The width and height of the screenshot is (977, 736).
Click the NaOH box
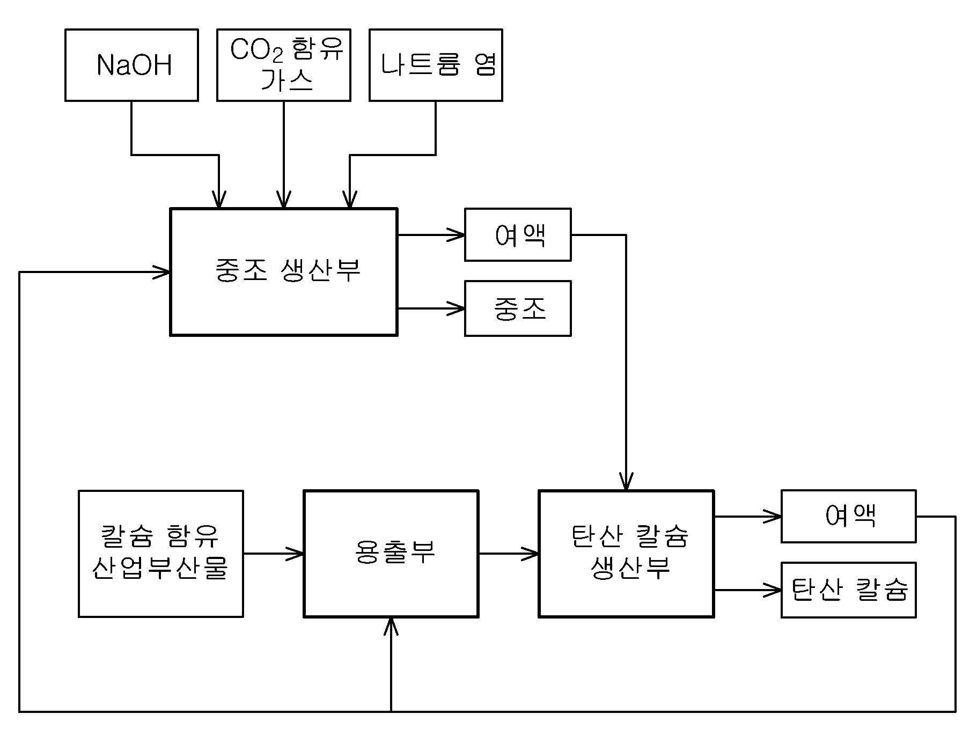coord(131,65)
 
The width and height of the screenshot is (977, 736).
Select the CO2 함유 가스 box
coord(284,65)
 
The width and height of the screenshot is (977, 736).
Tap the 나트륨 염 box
coord(436,65)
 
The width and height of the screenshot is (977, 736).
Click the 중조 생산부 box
coord(284,272)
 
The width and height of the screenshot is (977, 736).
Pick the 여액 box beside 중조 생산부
coord(518,235)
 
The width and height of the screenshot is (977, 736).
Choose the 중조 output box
coord(518,308)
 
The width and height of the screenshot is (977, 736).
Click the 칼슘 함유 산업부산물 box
coord(161,554)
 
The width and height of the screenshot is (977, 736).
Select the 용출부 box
coord(391,554)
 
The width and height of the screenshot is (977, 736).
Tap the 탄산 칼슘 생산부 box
coord(626,554)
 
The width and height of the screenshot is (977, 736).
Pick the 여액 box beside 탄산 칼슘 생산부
coord(848,516)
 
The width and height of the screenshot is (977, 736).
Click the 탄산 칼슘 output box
coord(848,590)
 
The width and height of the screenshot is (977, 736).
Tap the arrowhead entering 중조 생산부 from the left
coord(162,272)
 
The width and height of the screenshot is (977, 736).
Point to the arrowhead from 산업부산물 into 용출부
coord(295,554)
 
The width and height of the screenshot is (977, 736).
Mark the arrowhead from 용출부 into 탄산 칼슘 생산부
coord(530,554)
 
